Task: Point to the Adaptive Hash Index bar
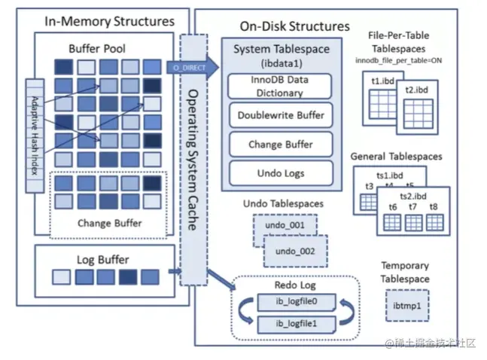[x=33, y=135]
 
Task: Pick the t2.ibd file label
[x=415, y=90]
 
